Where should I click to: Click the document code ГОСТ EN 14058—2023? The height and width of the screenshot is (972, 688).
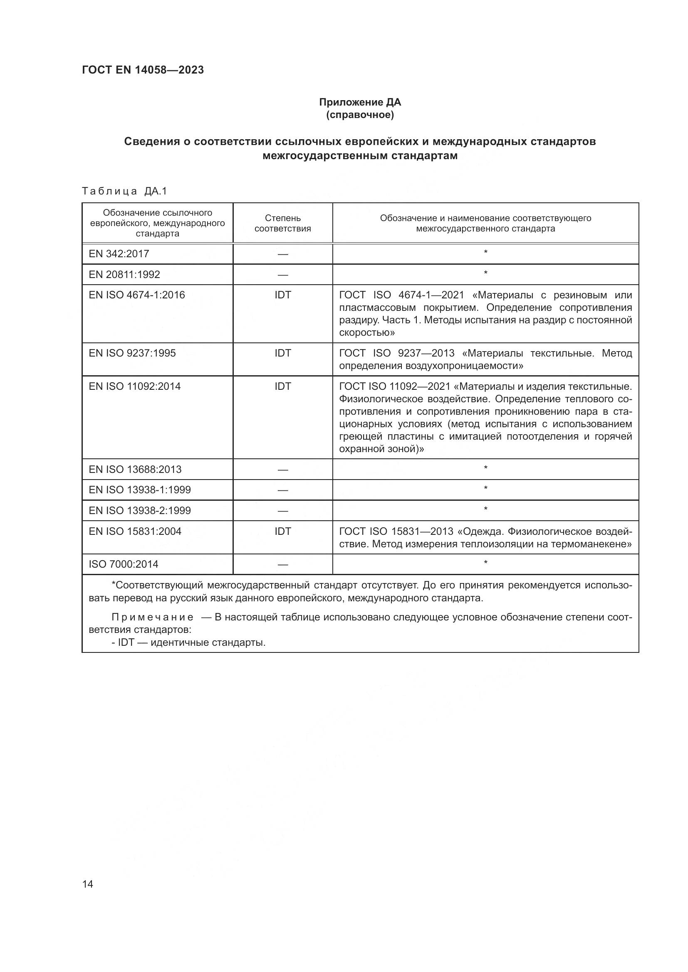tap(143, 70)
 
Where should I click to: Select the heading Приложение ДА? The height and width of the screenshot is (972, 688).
tap(360, 102)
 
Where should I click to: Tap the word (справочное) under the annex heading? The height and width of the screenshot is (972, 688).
tap(360, 115)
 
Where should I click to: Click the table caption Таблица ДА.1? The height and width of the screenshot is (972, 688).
tap(124, 191)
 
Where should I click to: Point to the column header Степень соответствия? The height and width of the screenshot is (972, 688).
tap(282, 223)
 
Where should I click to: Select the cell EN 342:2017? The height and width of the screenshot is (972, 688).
tap(119, 253)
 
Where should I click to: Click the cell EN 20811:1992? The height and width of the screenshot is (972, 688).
tap(124, 274)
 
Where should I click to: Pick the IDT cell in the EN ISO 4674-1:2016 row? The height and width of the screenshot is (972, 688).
tap(282, 295)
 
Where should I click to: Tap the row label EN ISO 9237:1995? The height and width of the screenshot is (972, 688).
tap(132, 353)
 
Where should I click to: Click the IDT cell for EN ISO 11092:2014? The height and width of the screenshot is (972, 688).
tap(282, 386)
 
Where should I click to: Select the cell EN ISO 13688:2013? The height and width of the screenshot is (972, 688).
tap(135, 469)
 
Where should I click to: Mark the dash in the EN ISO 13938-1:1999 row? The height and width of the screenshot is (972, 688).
tap(282, 490)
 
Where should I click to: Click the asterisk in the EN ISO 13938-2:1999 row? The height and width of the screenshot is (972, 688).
tap(485, 509)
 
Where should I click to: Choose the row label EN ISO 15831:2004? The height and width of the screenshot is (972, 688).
tap(135, 532)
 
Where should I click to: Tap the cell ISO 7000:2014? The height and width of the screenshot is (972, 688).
tap(124, 564)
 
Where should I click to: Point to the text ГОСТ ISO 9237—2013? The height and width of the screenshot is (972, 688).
tap(396, 353)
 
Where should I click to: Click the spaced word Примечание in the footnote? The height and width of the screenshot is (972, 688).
tap(153, 617)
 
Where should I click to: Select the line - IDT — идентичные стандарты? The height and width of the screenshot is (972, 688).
tap(188, 642)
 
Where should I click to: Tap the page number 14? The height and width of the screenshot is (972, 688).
tap(88, 884)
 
